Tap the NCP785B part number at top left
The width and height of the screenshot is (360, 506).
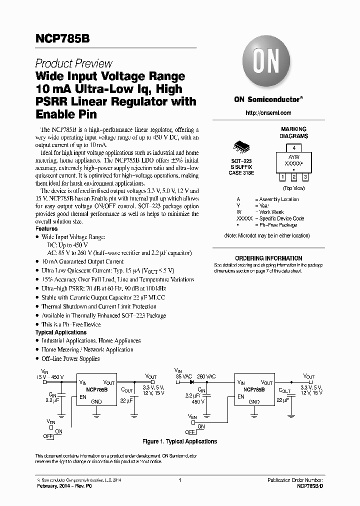click(x=62, y=38)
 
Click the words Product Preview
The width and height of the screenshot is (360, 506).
click(x=73, y=63)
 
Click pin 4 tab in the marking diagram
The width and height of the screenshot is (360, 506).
click(x=294, y=148)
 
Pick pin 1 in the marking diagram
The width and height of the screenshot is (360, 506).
click(x=282, y=177)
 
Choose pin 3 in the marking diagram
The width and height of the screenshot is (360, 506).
click(x=305, y=177)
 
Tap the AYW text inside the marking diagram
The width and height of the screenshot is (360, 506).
click(x=294, y=156)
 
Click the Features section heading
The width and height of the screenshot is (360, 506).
click(x=46, y=228)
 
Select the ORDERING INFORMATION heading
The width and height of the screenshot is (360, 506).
click(x=268, y=258)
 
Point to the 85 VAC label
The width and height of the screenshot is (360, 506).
click(x=183, y=376)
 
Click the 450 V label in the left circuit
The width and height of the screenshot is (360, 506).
click(x=57, y=376)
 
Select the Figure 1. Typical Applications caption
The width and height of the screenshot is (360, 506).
click(x=179, y=441)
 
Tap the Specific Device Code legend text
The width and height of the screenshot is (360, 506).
click(x=282, y=218)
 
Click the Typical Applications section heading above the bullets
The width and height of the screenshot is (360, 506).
click(x=60, y=332)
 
